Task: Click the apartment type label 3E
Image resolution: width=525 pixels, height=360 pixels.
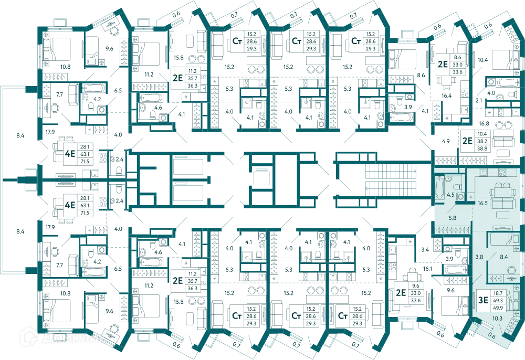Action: [x=483, y=300]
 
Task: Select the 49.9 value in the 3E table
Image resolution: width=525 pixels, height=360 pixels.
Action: [x=498, y=308]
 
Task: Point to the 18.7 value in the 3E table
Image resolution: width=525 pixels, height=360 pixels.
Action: [x=498, y=293]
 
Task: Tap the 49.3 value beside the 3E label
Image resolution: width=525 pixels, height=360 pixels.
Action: [x=498, y=301]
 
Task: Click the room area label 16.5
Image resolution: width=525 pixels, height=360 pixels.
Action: [x=482, y=203]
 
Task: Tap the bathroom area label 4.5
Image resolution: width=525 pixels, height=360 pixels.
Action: [x=450, y=195]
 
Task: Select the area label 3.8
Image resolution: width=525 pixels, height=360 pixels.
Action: [x=479, y=257]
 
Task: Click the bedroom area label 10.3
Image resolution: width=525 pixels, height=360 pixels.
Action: [x=497, y=319]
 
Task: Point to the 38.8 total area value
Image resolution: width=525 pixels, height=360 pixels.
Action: [x=482, y=149]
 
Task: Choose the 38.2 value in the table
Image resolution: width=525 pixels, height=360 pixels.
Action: [x=482, y=141]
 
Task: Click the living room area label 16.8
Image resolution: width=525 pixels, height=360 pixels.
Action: [x=484, y=123]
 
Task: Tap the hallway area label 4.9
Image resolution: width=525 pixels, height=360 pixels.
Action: [x=446, y=141]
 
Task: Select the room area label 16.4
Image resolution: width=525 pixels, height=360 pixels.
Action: [x=446, y=96]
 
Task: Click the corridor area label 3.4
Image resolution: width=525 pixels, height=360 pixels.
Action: [x=425, y=249]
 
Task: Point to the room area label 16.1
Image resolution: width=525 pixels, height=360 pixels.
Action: [x=427, y=269]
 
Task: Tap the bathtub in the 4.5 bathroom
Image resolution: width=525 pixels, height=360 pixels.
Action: [x=439, y=188]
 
